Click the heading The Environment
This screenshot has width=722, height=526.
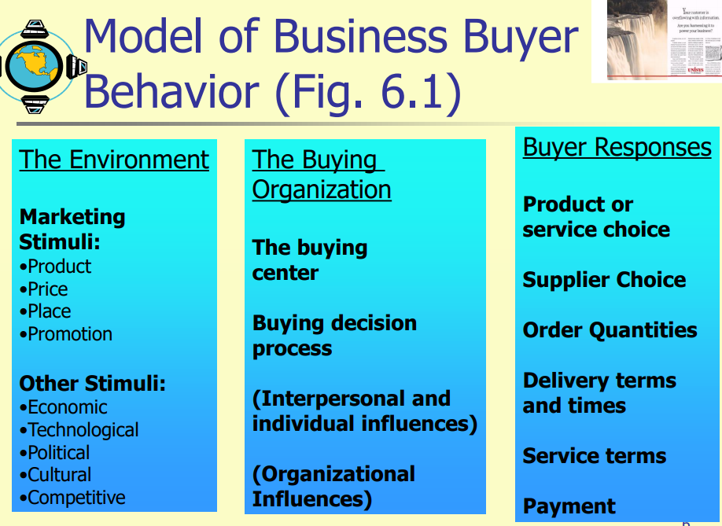pos(114,160)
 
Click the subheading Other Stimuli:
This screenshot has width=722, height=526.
pos(93,384)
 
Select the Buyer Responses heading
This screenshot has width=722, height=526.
pos(617,147)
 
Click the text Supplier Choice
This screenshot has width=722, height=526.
pos(604,280)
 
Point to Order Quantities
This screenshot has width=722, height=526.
pos(610,330)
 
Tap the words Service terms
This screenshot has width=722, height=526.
pos(594,456)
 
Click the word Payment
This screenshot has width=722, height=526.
pos(569,506)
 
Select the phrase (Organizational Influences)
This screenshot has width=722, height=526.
pos(333,487)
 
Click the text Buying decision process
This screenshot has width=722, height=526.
pos(334,336)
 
